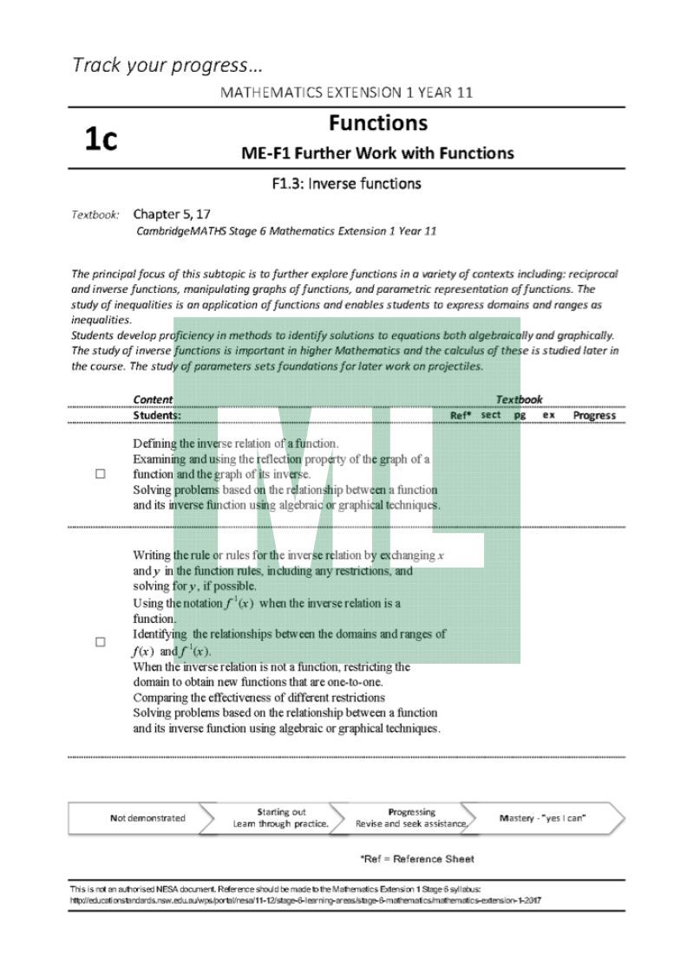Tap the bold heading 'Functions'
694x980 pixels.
coord(377,124)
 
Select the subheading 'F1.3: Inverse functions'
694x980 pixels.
coord(346,183)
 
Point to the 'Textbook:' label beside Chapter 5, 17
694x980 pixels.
coord(95,214)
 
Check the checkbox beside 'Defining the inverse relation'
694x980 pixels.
coord(101,475)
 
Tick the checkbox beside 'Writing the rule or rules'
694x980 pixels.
coord(101,642)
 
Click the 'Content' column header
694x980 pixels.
coord(153,399)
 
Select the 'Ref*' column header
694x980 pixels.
coord(461,415)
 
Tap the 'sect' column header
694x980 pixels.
coord(490,415)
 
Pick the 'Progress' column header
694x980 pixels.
coord(594,415)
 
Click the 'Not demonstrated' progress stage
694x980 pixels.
coord(147,818)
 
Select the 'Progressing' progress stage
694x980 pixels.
coord(412,818)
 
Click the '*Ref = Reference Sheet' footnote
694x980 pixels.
coord(417,859)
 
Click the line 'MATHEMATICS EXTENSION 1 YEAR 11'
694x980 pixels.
coord(346,93)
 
